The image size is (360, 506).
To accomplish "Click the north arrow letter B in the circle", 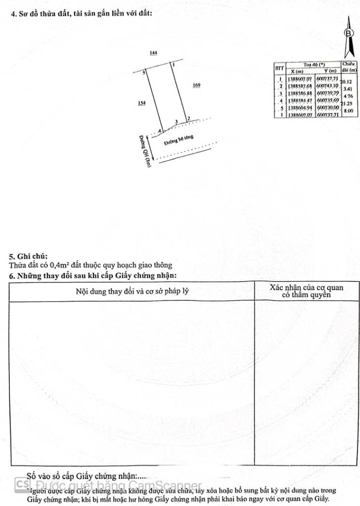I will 349,33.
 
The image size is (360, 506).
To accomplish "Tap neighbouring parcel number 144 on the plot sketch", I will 153,52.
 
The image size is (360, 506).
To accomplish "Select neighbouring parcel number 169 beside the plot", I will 196,85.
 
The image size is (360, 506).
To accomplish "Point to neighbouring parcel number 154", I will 142,103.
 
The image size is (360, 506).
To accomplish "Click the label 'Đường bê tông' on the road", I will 179,140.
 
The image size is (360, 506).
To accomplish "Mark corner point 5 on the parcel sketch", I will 144,73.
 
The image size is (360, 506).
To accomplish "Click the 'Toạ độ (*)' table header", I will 314,65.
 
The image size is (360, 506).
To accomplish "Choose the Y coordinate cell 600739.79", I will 327,93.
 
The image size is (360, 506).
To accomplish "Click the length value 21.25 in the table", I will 349,104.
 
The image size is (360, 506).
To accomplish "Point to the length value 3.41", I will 348,89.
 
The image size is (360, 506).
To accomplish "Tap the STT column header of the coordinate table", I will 280,67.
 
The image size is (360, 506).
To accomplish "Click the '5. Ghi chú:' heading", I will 28,256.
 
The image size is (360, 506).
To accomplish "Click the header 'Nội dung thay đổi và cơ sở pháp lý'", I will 132,291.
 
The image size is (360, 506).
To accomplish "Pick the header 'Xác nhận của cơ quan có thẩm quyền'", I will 306,291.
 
